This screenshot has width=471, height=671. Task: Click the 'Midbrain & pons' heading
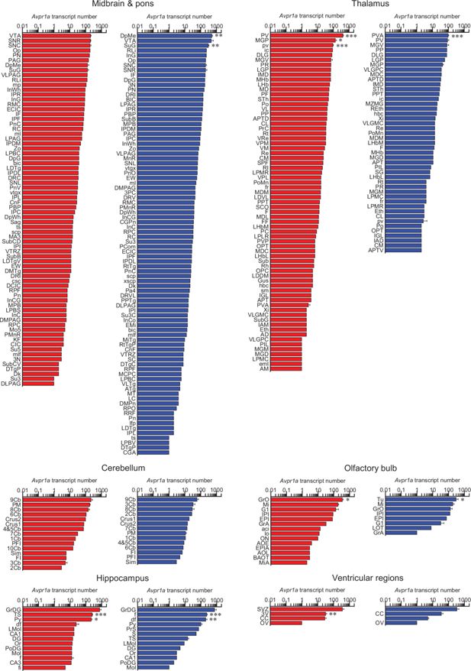(119, 6)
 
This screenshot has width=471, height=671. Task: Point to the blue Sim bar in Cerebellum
(157, 561)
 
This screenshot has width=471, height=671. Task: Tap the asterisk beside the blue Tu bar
(462, 500)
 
